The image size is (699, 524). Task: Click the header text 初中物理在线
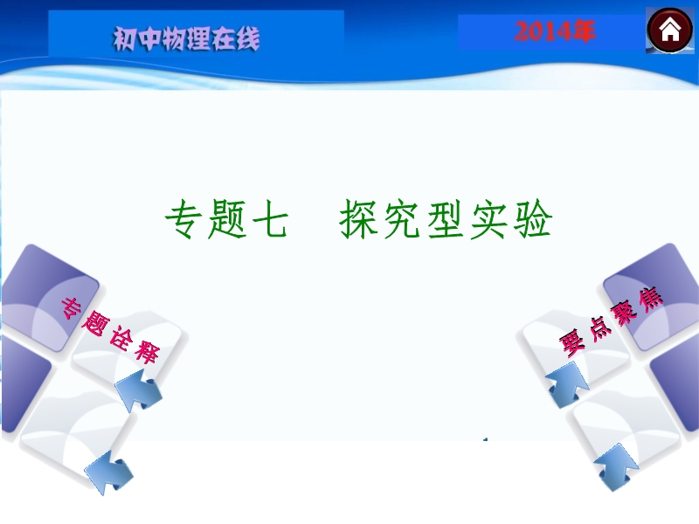(x=186, y=38)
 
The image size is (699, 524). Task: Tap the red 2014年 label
(x=555, y=31)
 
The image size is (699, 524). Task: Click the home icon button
(x=669, y=31)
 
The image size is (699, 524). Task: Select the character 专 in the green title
(x=183, y=219)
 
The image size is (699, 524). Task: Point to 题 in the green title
(x=227, y=219)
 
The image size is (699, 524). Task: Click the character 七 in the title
(x=270, y=219)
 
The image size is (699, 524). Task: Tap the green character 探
(x=358, y=219)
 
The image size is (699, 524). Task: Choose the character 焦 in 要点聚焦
(x=650, y=298)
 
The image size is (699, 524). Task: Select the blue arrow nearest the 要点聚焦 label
(x=567, y=384)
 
